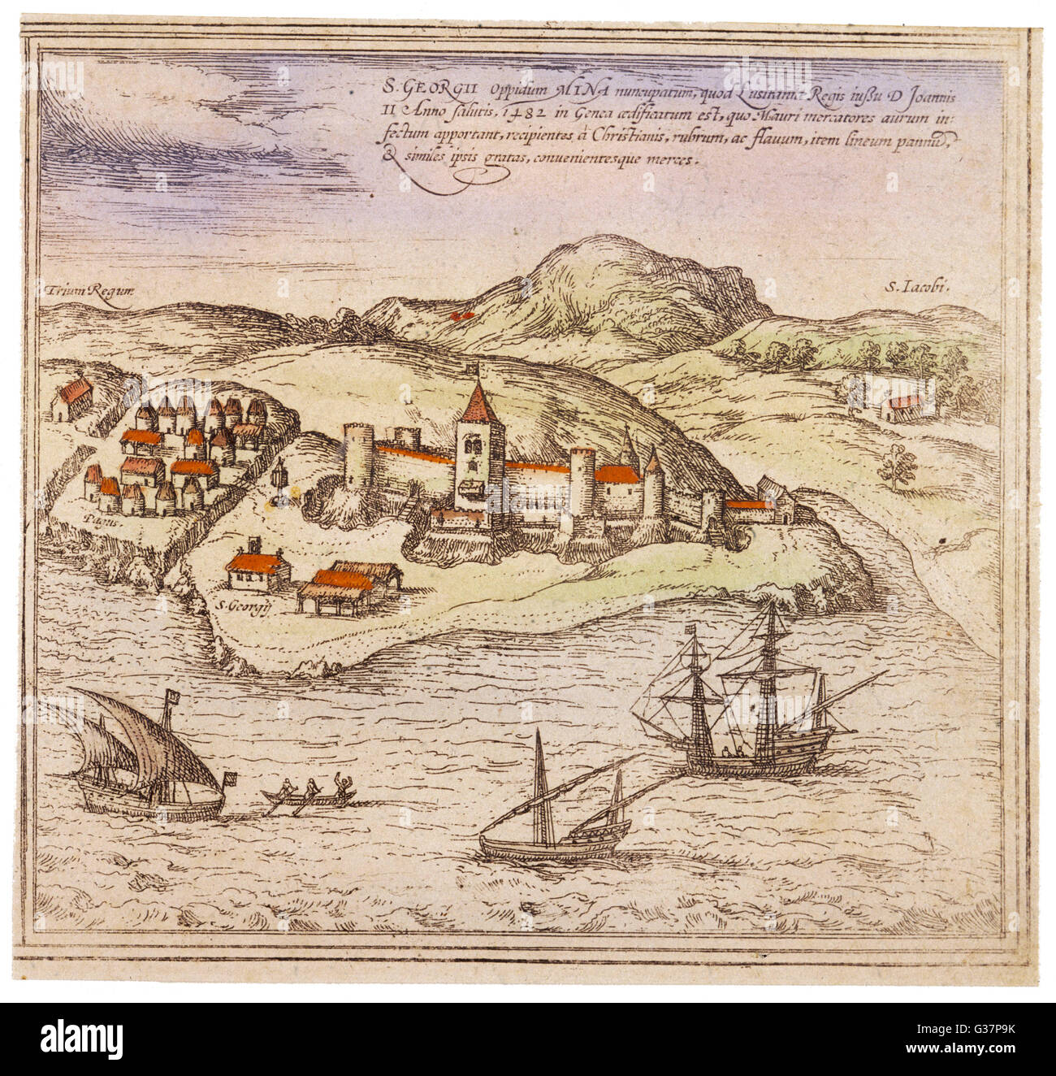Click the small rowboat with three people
tap(309, 796)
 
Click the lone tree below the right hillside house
tap(898, 466)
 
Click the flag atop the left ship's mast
tap(171, 696)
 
